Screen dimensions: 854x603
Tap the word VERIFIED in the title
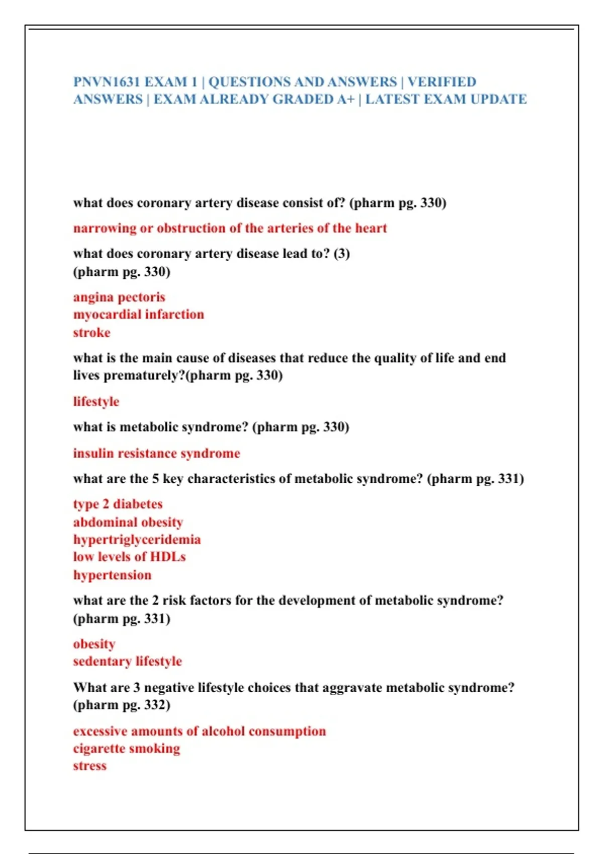442,82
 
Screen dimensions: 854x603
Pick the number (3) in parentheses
342,254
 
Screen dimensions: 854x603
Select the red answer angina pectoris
119,297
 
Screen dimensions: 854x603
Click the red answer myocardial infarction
139,314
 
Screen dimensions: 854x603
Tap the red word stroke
91,333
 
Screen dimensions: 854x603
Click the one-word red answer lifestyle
96,402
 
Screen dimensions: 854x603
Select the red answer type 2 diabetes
118,504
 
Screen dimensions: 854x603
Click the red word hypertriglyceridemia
137,540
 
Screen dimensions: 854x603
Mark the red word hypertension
112,575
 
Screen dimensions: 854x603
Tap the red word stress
90,766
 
